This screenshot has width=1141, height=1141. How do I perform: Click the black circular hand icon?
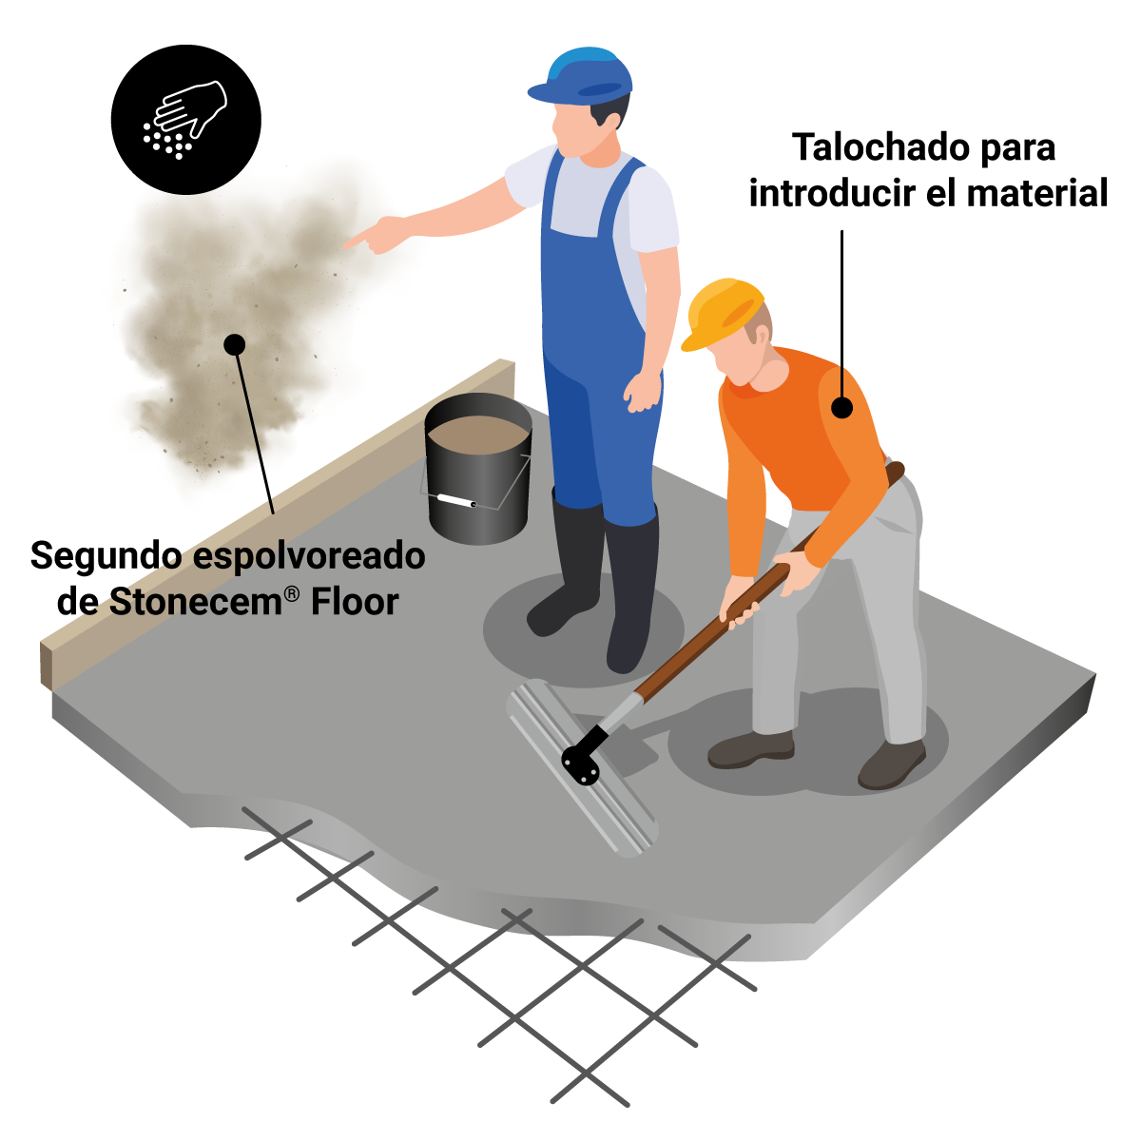[x=186, y=120]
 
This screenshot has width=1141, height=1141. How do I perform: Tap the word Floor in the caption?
[x=355, y=602]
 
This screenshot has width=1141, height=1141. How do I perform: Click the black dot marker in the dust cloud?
[x=234, y=344]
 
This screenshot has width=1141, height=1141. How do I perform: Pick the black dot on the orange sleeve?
[x=841, y=408]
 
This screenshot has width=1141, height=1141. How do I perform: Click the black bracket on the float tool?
[x=583, y=758]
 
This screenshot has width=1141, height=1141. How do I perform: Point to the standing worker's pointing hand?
[x=374, y=235]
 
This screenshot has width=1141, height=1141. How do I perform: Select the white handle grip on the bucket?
[x=455, y=499]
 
